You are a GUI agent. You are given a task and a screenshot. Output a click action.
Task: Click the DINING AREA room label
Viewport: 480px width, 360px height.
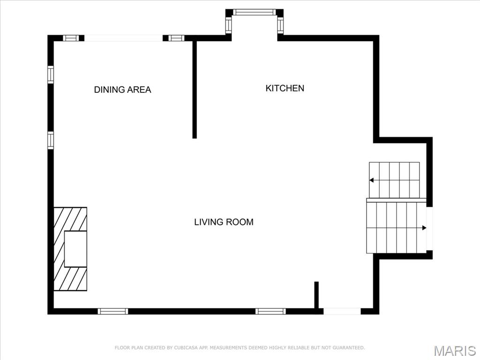coord(122,90)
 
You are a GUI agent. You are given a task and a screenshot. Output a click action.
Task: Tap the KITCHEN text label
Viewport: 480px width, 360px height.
coord(285,88)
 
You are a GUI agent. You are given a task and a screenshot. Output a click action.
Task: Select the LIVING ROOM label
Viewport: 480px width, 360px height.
coord(224,222)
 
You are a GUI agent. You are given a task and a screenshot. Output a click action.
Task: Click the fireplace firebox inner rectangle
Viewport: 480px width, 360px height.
coord(75,249)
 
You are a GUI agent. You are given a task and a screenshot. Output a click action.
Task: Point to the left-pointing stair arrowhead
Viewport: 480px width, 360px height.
coord(371,180)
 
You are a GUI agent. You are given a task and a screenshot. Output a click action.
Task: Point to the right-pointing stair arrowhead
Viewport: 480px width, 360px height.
coord(424,228)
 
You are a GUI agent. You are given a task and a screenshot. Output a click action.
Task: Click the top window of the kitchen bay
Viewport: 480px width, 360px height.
coord(255,12)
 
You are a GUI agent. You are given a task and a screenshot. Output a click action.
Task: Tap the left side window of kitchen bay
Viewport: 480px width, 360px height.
coord(229,24)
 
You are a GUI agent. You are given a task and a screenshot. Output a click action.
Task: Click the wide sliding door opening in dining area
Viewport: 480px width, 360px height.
coord(123,38)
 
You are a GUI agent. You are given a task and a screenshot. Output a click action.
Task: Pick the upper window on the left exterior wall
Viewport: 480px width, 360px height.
coord(51,75)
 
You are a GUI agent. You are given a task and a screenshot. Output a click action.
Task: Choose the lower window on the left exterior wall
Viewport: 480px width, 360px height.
coord(51,140)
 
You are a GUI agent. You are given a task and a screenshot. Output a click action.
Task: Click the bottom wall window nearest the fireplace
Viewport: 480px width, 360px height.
coord(113,311)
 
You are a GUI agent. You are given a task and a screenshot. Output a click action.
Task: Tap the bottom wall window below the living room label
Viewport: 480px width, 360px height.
coord(270,311)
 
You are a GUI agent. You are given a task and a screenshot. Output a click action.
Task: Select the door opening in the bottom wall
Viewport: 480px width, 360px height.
coord(342,311)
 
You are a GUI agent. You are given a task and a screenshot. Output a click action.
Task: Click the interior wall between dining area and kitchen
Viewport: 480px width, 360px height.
coord(195,90)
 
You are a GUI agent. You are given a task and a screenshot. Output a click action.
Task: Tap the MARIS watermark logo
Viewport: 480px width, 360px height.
coord(455,351)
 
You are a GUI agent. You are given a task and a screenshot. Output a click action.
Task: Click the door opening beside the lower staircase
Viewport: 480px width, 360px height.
coord(429,229)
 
